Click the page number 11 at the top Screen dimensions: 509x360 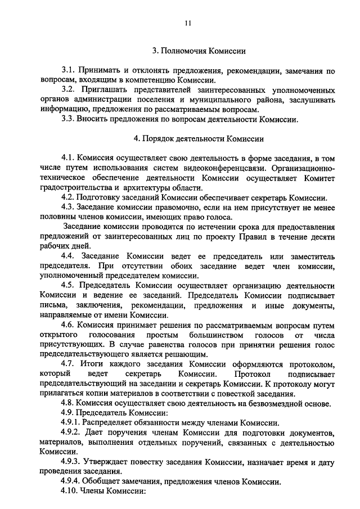188,23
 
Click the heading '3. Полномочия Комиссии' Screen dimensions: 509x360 200,51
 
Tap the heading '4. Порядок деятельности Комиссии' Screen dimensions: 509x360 199,138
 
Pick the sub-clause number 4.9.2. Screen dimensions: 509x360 73,432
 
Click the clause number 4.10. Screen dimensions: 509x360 70,491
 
